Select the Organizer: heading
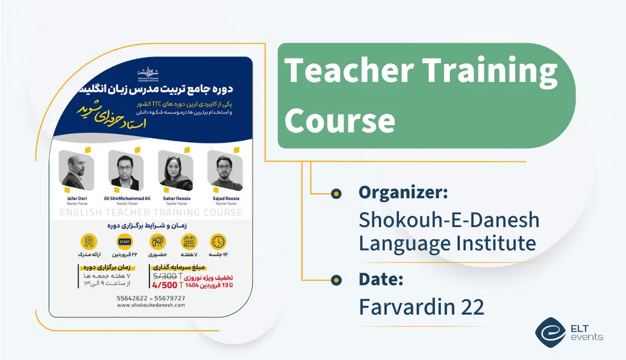point(403,192)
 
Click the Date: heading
point(381,279)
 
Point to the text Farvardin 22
point(421,307)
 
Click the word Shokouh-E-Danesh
point(449,220)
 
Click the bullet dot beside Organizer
point(336,193)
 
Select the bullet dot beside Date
point(336,280)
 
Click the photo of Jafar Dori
point(76,171)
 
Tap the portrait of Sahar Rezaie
point(175,171)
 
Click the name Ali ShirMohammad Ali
point(127,198)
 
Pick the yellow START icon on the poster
point(125,241)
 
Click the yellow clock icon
point(218,241)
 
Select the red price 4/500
point(165,285)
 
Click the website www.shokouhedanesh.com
point(151,305)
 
